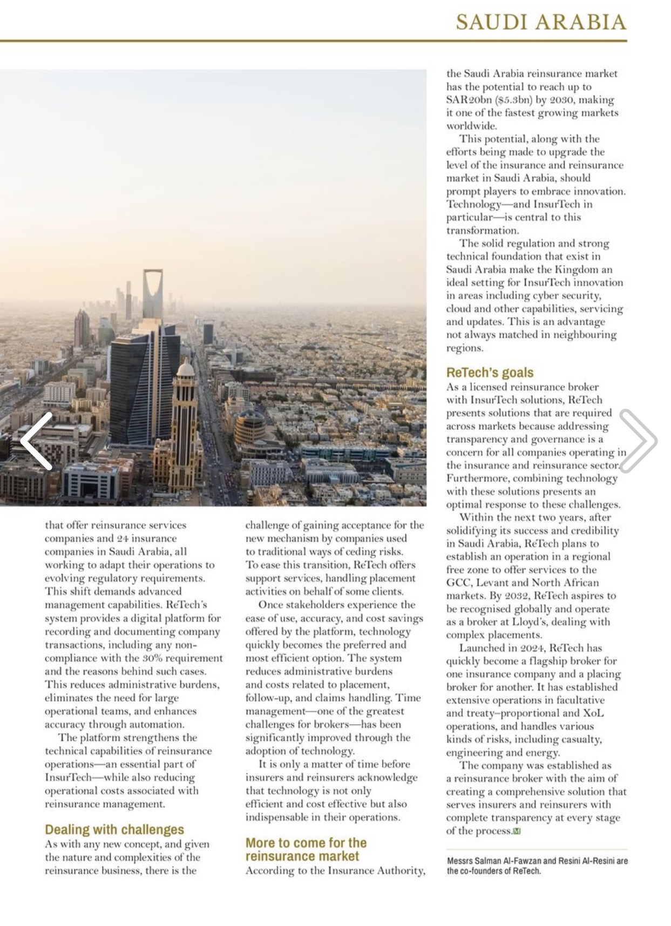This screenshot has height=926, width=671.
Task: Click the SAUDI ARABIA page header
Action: (x=541, y=22)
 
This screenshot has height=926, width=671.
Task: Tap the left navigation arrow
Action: (x=37, y=441)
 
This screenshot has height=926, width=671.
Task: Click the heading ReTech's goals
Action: (x=490, y=373)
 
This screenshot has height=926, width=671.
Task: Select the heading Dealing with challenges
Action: (x=114, y=829)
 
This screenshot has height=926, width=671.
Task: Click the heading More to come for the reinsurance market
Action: (x=306, y=849)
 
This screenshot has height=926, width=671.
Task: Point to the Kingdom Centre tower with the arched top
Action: (x=152, y=294)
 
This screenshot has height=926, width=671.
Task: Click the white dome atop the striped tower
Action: (x=185, y=369)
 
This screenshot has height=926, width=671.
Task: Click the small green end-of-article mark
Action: (x=517, y=831)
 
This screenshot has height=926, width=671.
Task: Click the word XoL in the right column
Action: (x=593, y=713)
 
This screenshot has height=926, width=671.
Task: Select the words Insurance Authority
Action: (x=379, y=870)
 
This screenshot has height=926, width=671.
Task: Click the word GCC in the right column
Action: (x=457, y=583)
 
